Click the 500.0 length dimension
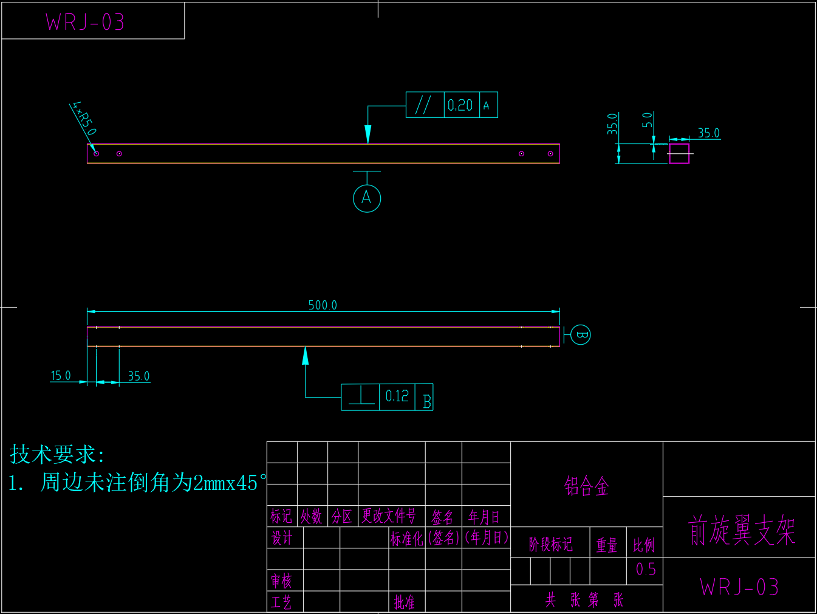coord(323,305)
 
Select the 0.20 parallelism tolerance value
coord(460,105)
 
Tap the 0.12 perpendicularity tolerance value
coord(397,396)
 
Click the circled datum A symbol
coord(367,198)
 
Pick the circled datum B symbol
coord(581,335)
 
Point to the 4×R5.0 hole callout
coord(84,118)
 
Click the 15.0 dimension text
coord(61,376)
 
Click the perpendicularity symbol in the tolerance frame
coord(361,396)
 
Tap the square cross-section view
coord(679,153)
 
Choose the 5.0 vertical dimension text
coord(648,120)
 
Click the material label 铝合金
coord(586,486)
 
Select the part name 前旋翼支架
coord(741,530)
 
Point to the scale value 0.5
coord(646,570)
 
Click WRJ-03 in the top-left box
coord(85,22)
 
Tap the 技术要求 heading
coord(56,454)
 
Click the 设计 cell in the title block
coord(282,538)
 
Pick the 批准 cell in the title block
coord(404,602)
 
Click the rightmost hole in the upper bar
coord(550,154)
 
